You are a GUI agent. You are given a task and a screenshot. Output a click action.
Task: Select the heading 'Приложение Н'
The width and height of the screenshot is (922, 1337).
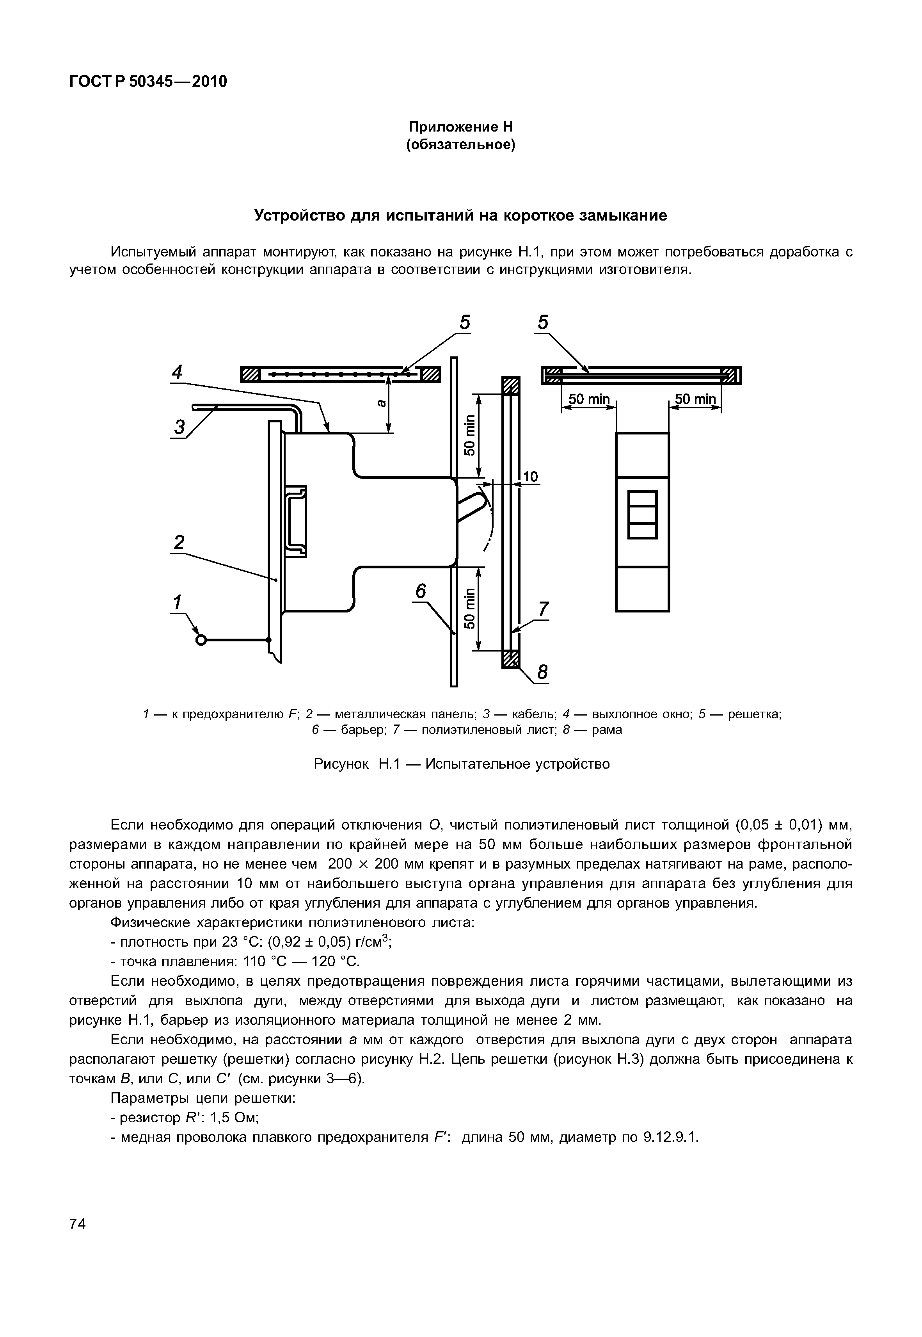[460, 126]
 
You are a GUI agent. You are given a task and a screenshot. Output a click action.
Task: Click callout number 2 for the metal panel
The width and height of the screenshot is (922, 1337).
[179, 543]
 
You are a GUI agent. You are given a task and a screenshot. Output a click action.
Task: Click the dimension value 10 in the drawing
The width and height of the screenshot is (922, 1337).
[530, 477]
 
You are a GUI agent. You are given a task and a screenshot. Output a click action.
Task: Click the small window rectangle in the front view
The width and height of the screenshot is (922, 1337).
[642, 515]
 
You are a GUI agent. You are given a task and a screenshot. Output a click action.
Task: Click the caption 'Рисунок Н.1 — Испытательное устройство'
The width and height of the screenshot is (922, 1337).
[461, 764]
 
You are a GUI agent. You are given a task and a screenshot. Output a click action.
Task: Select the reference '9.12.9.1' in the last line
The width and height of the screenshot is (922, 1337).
[670, 1137]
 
